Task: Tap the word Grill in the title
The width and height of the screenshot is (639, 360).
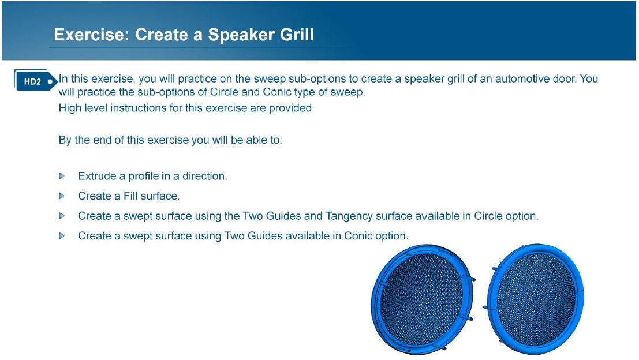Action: pyautogui.click(x=297, y=35)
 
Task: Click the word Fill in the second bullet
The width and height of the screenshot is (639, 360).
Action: pyautogui.click(x=130, y=196)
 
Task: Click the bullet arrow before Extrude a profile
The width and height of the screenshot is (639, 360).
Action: pyautogui.click(x=62, y=177)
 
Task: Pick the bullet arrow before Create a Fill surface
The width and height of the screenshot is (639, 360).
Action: pyautogui.click(x=62, y=196)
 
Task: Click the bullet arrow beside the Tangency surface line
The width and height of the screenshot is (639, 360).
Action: pyautogui.click(x=62, y=216)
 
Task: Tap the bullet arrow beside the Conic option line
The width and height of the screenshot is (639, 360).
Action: pyautogui.click(x=62, y=236)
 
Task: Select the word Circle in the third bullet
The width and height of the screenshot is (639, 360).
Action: pyautogui.click(x=488, y=216)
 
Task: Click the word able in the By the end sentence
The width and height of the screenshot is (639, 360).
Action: pyautogui.click(x=256, y=140)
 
